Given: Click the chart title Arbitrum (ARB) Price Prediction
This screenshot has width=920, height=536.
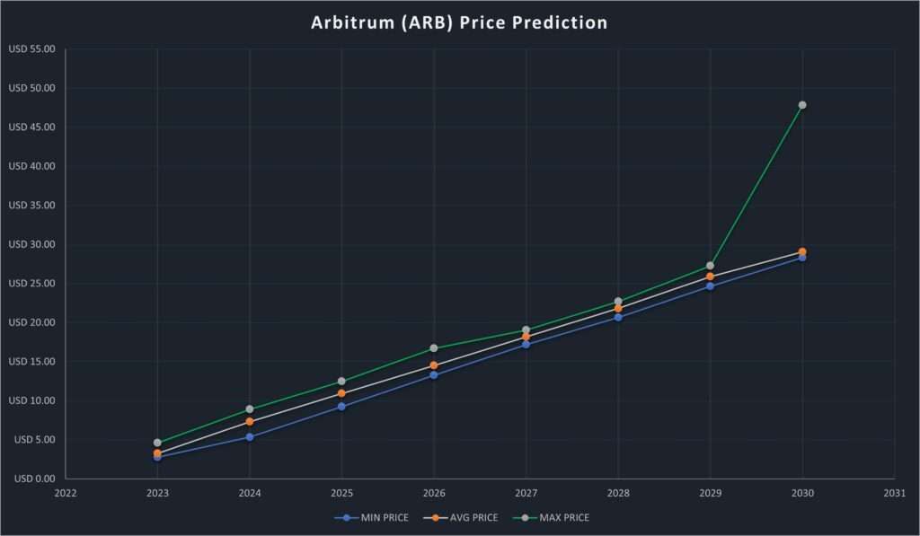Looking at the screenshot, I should click(x=459, y=22).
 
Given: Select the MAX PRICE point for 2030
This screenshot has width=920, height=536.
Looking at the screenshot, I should click(x=802, y=105).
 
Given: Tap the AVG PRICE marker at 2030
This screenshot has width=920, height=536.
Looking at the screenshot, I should click(x=802, y=251).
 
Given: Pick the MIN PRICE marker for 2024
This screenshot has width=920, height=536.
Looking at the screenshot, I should click(x=250, y=437).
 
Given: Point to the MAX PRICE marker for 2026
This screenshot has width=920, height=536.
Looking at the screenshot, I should click(x=434, y=348).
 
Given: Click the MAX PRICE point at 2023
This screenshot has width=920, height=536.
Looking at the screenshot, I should click(x=157, y=443).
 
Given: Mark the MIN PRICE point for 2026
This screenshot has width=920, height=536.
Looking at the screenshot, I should click(x=434, y=375).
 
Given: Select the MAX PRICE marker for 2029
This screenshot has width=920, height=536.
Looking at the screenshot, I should click(x=710, y=266).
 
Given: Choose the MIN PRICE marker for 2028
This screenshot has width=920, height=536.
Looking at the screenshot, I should click(x=618, y=318).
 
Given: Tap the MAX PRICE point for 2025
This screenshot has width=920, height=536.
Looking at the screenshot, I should click(x=341, y=382).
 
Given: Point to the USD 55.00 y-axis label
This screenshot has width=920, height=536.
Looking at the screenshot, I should click(x=31, y=49).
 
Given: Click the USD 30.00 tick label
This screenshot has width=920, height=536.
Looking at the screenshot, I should click(x=31, y=244).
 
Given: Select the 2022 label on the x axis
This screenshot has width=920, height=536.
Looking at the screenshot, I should click(x=66, y=493).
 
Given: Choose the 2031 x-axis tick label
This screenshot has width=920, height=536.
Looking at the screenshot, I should click(x=894, y=493).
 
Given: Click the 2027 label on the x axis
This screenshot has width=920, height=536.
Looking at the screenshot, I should click(x=526, y=493).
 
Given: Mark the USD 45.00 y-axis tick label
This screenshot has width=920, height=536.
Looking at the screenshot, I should click(x=31, y=127).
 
